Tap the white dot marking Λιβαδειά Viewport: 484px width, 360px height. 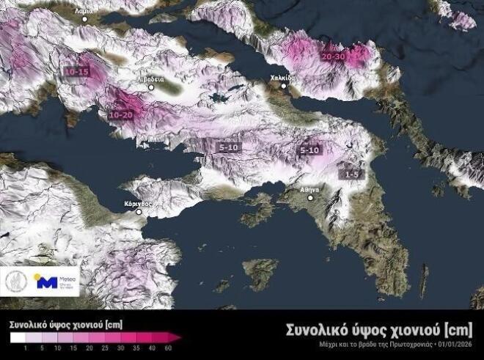pos(152,87)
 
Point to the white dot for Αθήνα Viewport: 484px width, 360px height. pos(310,198)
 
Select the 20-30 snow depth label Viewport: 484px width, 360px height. pos(334,56)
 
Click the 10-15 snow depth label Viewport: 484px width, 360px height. pos(76,72)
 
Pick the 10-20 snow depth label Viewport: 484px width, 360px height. pos(120,114)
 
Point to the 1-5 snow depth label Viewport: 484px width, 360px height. pos(352,174)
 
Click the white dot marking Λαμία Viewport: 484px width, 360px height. pos(84,18)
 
